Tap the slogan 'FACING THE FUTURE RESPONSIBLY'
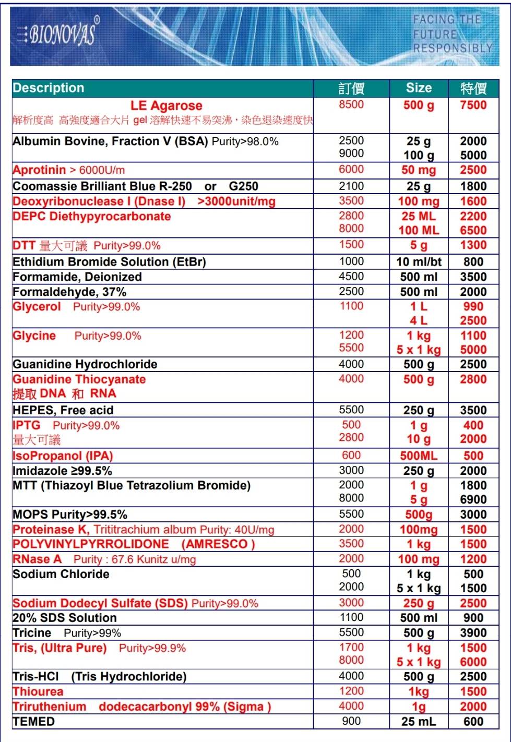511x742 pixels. [452, 34]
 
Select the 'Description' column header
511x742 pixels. [49, 88]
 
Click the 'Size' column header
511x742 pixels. [419, 88]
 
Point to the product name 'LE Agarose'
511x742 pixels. [166, 105]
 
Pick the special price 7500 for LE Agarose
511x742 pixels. [473, 105]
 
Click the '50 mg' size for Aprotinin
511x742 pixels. [419, 170]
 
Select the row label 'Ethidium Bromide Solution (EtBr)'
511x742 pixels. [109, 261]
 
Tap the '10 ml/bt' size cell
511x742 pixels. [419, 262]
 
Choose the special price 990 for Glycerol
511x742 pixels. [473, 306]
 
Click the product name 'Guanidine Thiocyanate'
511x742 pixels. [79, 379]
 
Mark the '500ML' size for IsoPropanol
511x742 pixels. [419, 456]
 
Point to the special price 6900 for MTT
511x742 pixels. [473, 499]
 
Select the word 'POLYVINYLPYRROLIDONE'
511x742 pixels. [91, 544]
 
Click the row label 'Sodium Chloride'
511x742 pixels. [61, 574]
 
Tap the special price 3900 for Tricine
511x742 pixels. [473, 633]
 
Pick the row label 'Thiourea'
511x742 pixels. [38, 691]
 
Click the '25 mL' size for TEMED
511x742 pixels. [419, 722]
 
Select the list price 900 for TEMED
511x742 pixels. [351, 721]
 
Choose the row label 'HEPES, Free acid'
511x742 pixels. [63, 410]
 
